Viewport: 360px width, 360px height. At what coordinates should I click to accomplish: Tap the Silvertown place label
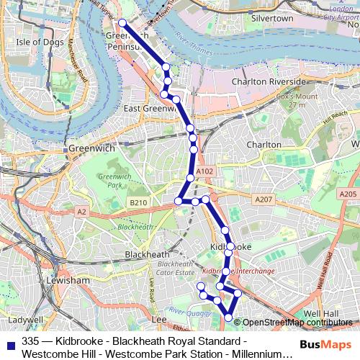(272, 17)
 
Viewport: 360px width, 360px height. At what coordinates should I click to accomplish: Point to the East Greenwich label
(150, 108)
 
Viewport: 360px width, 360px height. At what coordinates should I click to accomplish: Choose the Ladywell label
(26, 319)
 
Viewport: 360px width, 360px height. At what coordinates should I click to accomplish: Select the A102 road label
(204, 171)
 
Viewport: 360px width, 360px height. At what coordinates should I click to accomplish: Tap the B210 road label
(138, 203)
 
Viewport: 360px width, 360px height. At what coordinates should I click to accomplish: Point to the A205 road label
(348, 194)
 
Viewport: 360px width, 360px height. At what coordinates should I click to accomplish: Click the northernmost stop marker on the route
(122, 23)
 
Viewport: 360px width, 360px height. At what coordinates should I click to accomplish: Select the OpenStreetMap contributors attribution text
(297, 323)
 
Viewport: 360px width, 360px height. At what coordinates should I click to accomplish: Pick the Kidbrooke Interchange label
(239, 271)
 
